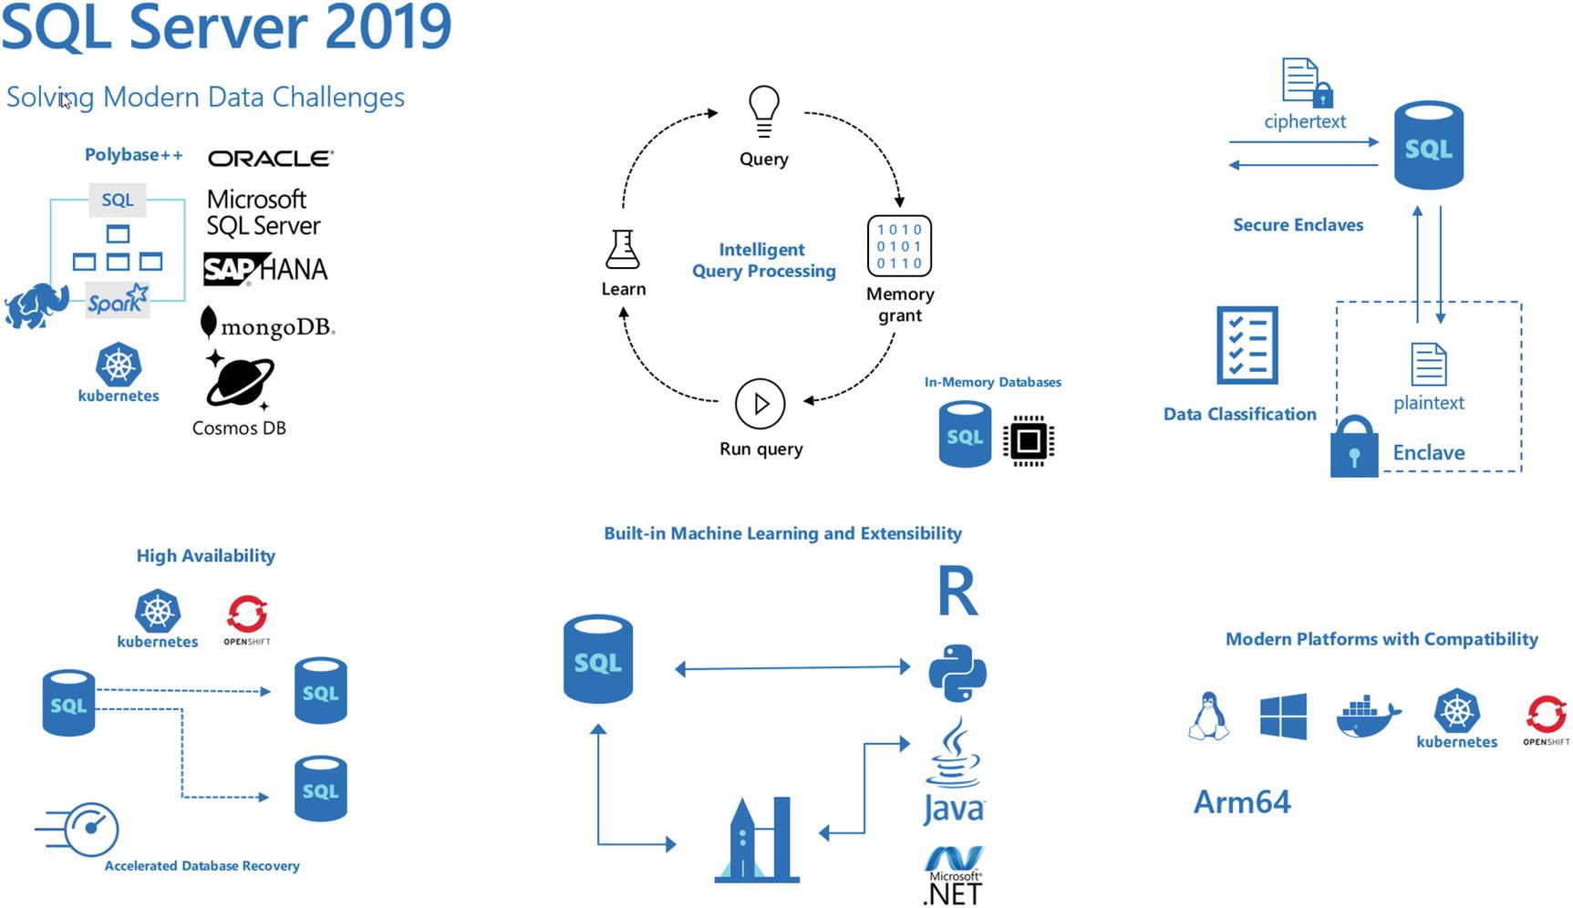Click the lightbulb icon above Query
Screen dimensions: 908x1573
click(763, 111)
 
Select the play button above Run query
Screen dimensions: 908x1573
click(760, 403)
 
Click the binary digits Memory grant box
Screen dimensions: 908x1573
click(899, 245)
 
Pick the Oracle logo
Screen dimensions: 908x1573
click(271, 159)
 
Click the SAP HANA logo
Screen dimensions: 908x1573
click(265, 269)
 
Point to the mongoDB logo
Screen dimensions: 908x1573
click(267, 325)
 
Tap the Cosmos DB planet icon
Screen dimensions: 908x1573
click(239, 380)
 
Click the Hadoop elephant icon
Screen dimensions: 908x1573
click(36, 305)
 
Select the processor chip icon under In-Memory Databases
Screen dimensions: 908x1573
click(1028, 440)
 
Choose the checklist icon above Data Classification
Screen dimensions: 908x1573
click(1247, 346)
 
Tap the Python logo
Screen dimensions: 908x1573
click(957, 673)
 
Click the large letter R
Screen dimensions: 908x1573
click(957, 592)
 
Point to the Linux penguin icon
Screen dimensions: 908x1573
click(1208, 717)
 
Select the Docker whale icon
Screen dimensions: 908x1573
click(1367, 717)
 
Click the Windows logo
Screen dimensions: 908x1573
click(1283, 717)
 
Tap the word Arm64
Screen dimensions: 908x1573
click(1242, 802)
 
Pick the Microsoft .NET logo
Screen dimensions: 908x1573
click(953, 876)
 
